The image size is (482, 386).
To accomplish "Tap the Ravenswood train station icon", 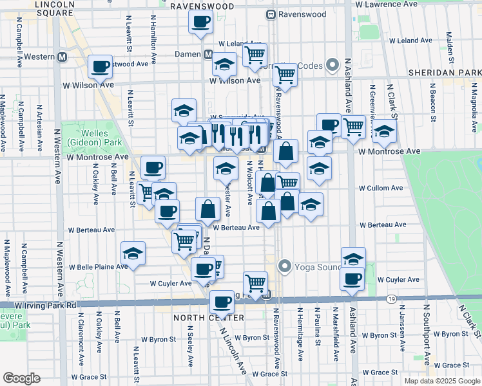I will coord(271,14).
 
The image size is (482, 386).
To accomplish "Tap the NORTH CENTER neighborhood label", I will coord(208,318).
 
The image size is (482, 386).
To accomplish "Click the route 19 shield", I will coord(391,299).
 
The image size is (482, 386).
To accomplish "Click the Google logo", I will coord(21,378).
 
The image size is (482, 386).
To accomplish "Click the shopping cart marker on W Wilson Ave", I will coord(284,75).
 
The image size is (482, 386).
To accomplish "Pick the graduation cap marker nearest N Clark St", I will coord(384,134).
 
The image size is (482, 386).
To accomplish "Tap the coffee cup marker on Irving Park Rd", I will coord(222,301).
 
